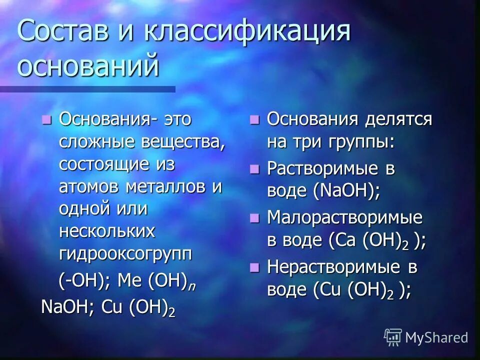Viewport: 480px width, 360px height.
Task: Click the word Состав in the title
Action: [x=62, y=32]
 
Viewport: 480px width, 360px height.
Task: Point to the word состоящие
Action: [x=103, y=164]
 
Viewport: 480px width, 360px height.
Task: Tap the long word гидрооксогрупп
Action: [x=125, y=253]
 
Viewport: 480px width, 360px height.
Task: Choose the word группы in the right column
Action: [x=360, y=142]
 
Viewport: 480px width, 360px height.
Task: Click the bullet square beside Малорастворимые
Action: [x=255, y=217]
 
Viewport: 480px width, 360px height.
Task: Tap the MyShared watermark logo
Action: [x=425, y=337]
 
